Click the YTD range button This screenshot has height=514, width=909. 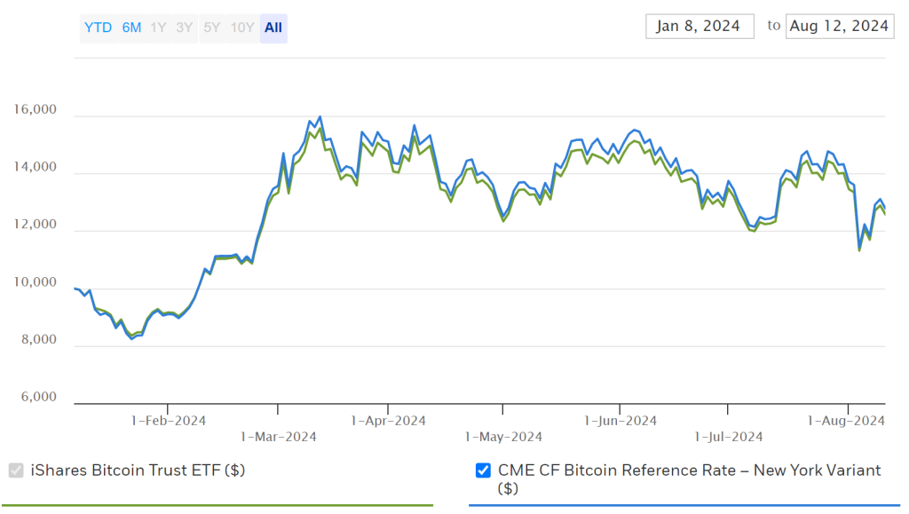pyautogui.click(x=98, y=28)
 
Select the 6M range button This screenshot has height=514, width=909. pyautogui.click(x=131, y=28)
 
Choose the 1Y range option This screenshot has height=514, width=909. pyautogui.click(x=158, y=28)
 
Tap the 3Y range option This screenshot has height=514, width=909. pyautogui.click(x=184, y=28)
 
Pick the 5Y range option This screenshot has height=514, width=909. pyautogui.click(x=211, y=28)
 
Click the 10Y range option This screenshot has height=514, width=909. pyautogui.click(x=242, y=28)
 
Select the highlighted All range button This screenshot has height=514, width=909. pyautogui.click(x=273, y=28)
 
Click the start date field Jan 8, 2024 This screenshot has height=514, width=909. pyautogui.click(x=699, y=26)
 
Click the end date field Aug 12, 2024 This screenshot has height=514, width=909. pyautogui.click(x=838, y=26)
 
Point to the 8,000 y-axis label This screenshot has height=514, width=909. pyautogui.click(x=38, y=340)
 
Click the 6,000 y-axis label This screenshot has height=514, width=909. pyautogui.click(x=38, y=398)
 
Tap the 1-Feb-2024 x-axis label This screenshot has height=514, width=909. pyautogui.click(x=169, y=421)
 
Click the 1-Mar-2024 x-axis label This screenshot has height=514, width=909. pyautogui.click(x=278, y=436)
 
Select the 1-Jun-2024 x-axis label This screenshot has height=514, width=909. pyautogui.click(x=620, y=421)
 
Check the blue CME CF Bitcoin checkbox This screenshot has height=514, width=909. pyautogui.click(x=484, y=471)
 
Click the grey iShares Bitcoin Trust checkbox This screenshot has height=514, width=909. pyautogui.click(x=16, y=471)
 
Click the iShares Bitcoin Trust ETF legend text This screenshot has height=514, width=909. pyautogui.click(x=138, y=471)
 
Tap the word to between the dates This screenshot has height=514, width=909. pyautogui.click(x=774, y=26)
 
